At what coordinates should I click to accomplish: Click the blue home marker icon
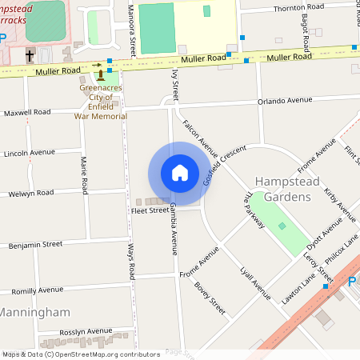point(180,172)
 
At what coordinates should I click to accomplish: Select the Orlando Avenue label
point(284,102)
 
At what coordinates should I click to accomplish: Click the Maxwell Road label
point(26,113)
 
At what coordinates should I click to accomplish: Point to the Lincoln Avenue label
point(29,152)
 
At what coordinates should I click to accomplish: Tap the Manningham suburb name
point(35,311)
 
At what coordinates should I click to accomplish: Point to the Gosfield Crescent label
point(221,166)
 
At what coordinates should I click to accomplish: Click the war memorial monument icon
point(101,74)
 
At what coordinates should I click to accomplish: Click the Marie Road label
point(82,175)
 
